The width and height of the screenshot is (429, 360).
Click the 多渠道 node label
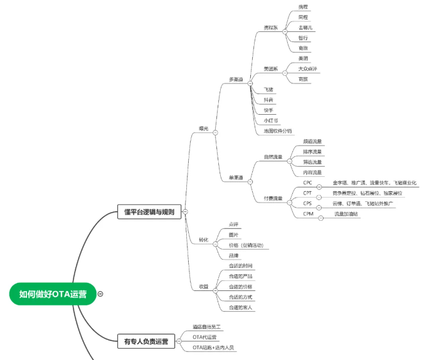(236, 80)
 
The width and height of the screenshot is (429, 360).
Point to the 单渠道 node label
(236, 177)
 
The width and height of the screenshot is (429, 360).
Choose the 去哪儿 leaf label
(306, 28)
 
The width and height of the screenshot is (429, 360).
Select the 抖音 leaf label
(269, 100)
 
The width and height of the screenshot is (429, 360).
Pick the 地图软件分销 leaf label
(278, 131)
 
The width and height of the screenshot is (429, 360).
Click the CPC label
(307, 183)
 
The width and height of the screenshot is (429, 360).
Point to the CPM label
(308, 214)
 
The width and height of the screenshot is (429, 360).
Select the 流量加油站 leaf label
(346, 214)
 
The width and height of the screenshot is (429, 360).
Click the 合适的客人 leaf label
(240, 307)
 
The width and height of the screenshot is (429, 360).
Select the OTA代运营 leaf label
(205, 337)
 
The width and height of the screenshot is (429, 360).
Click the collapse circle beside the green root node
(101, 294)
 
